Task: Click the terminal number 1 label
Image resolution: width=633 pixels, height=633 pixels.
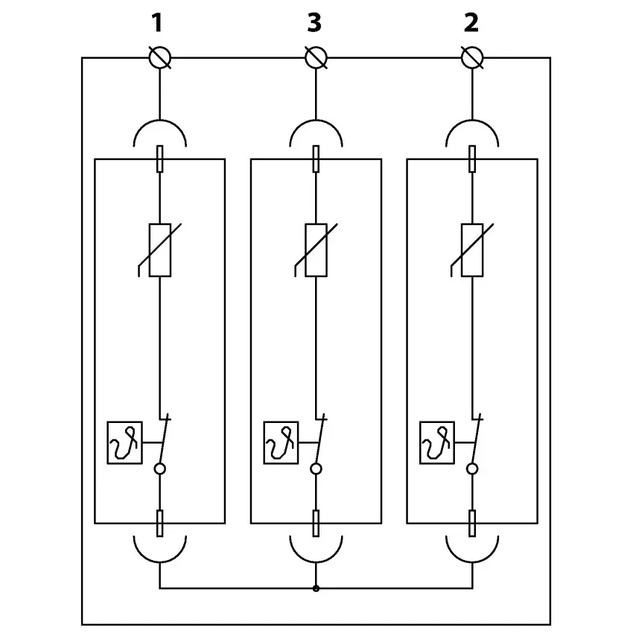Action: point(156,23)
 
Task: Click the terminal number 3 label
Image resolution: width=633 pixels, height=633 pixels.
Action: point(314,23)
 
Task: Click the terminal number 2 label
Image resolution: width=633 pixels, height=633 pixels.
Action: point(471,23)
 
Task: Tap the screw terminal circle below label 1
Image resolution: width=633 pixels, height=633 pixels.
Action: point(159,57)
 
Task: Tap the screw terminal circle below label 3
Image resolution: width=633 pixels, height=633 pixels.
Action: point(316,57)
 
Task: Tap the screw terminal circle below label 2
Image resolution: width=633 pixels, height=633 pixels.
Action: point(471,57)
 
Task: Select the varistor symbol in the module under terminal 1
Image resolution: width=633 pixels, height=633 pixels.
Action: point(159,249)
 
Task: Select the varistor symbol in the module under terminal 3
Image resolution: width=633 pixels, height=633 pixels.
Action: point(316,249)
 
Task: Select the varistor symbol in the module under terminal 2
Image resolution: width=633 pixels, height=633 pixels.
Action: point(472,249)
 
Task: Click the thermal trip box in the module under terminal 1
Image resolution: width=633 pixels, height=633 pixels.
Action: point(124,442)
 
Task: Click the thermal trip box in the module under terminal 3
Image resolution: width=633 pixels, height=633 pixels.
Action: point(281,442)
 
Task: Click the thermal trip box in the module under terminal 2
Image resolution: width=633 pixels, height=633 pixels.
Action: point(437,442)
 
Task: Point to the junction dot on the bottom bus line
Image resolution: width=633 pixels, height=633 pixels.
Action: point(316,588)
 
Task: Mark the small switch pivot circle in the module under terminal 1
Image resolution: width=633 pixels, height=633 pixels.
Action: point(159,468)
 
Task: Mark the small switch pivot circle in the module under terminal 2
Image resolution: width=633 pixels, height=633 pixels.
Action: point(472,468)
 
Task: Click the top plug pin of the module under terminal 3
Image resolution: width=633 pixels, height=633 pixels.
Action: point(316,159)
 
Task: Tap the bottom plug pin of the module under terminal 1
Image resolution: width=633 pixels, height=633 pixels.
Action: point(159,523)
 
